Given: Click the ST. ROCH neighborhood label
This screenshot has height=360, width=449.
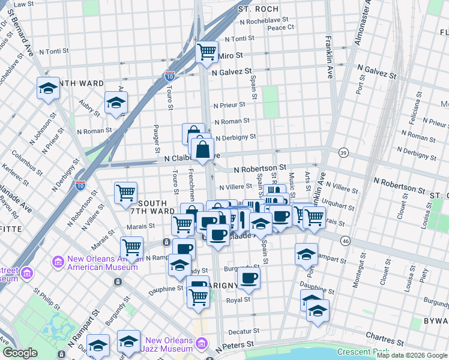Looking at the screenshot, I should (x=258, y=9).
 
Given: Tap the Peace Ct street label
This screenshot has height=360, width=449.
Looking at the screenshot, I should (x=280, y=27).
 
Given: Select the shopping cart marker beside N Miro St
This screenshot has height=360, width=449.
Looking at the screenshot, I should (x=207, y=52).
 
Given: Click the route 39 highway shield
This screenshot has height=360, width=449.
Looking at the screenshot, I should (x=343, y=152).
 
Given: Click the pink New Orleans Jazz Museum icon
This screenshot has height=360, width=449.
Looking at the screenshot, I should (x=202, y=344).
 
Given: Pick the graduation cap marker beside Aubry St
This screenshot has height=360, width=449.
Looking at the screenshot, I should (x=116, y=103).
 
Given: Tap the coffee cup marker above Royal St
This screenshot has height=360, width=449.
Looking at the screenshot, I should (x=249, y=278).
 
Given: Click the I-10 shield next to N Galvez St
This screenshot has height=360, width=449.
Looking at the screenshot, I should (x=170, y=76).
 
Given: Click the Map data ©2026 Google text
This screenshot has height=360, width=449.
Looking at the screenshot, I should (x=412, y=355).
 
